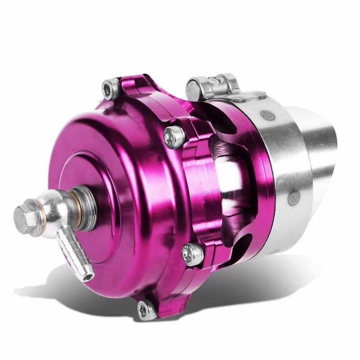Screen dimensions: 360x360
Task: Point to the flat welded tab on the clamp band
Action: tap(245, 95)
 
